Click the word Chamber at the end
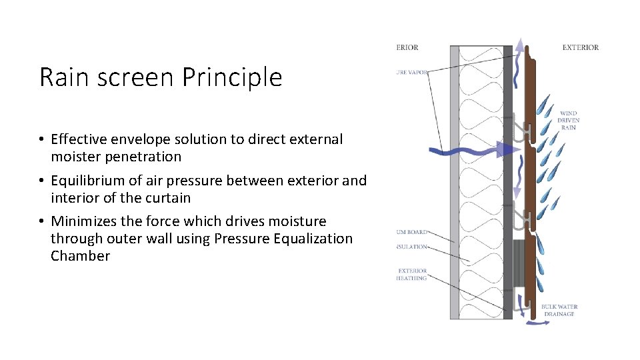pos(80,256)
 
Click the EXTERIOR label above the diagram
pos(580,47)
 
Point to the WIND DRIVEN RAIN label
pos(569,121)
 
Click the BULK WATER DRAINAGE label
pos(559,310)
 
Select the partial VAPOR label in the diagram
pos(411,71)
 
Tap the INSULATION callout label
pos(411,247)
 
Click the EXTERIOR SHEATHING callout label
pos(411,275)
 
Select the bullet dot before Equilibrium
pos(41,181)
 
